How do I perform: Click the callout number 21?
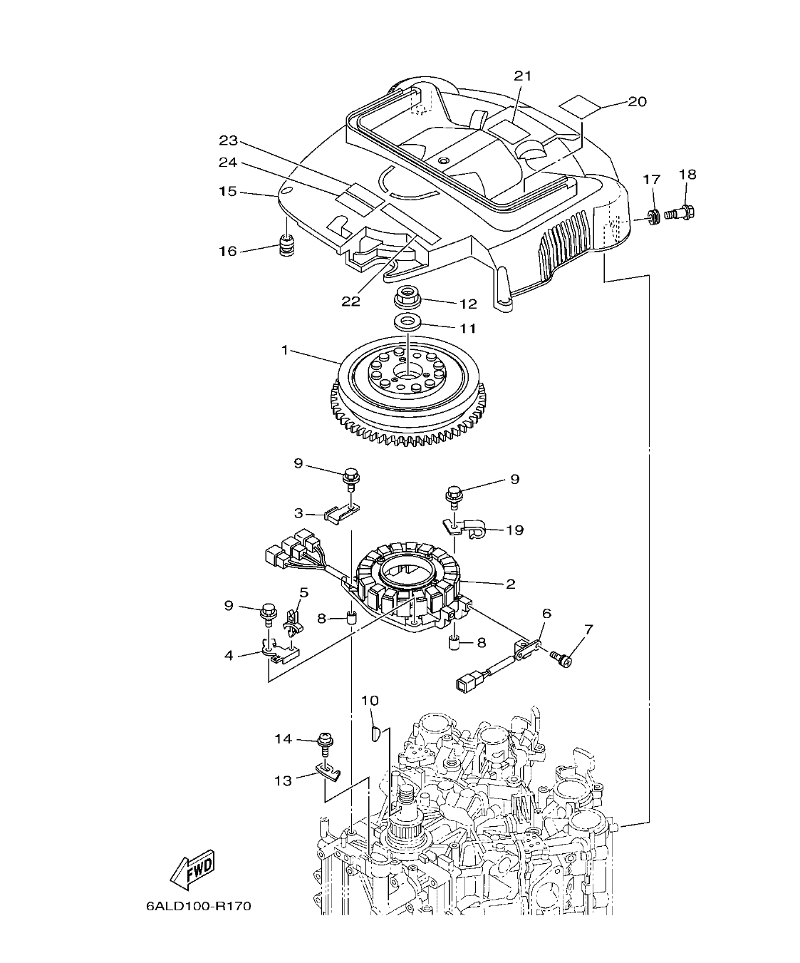point(523,76)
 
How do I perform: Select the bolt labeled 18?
point(682,212)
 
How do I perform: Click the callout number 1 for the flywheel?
point(286,350)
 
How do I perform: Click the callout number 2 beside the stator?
point(510,584)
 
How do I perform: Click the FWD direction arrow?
point(191,870)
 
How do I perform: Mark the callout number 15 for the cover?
point(227,191)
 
